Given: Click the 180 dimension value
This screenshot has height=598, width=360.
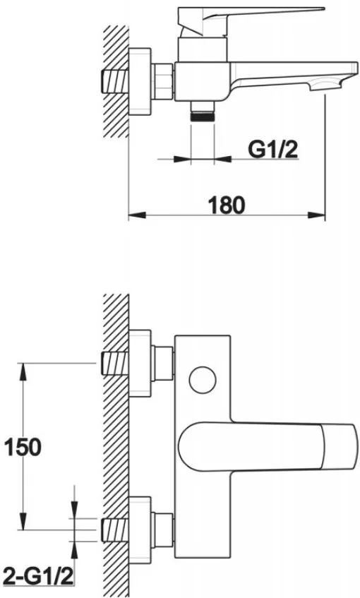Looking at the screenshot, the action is pyautogui.click(x=227, y=205).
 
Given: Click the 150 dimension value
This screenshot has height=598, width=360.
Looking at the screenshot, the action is pyautogui.click(x=23, y=447).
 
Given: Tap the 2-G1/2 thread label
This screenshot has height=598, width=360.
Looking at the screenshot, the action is pyautogui.click(x=38, y=577).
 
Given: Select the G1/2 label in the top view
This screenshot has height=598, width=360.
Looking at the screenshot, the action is pyautogui.click(x=273, y=149).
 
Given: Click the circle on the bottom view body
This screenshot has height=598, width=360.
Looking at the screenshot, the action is pyautogui.click(x=203, y=380).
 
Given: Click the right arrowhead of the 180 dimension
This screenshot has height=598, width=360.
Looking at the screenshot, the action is pyautogui.click(x=316, y=215).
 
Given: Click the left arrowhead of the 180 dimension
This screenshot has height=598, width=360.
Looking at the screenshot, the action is pyautogui.click(x=137, y=215).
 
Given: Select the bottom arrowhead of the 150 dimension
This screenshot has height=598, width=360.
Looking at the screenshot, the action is pyautogui.click(x=23, y=520).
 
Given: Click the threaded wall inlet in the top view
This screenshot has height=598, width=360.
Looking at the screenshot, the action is pyautogui.click(x=115, y=81).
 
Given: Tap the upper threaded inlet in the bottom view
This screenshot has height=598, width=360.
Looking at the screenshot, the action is pyautogui.click(x=115, y=363).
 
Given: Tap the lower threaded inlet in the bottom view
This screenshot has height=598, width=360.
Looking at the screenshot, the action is pyautogui.click(x=115, y=530).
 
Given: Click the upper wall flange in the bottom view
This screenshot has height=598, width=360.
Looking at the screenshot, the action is pyautogui.click(x=140, y=363).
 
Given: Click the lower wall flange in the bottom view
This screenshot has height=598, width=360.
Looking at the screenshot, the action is pyautogui.click(x=140, y=530).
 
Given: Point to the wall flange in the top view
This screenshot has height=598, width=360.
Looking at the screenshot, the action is pyautogui.click(x=140, y=81).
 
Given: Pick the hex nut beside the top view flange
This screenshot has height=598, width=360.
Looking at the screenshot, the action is pyautogui.click(x=163, y=81).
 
